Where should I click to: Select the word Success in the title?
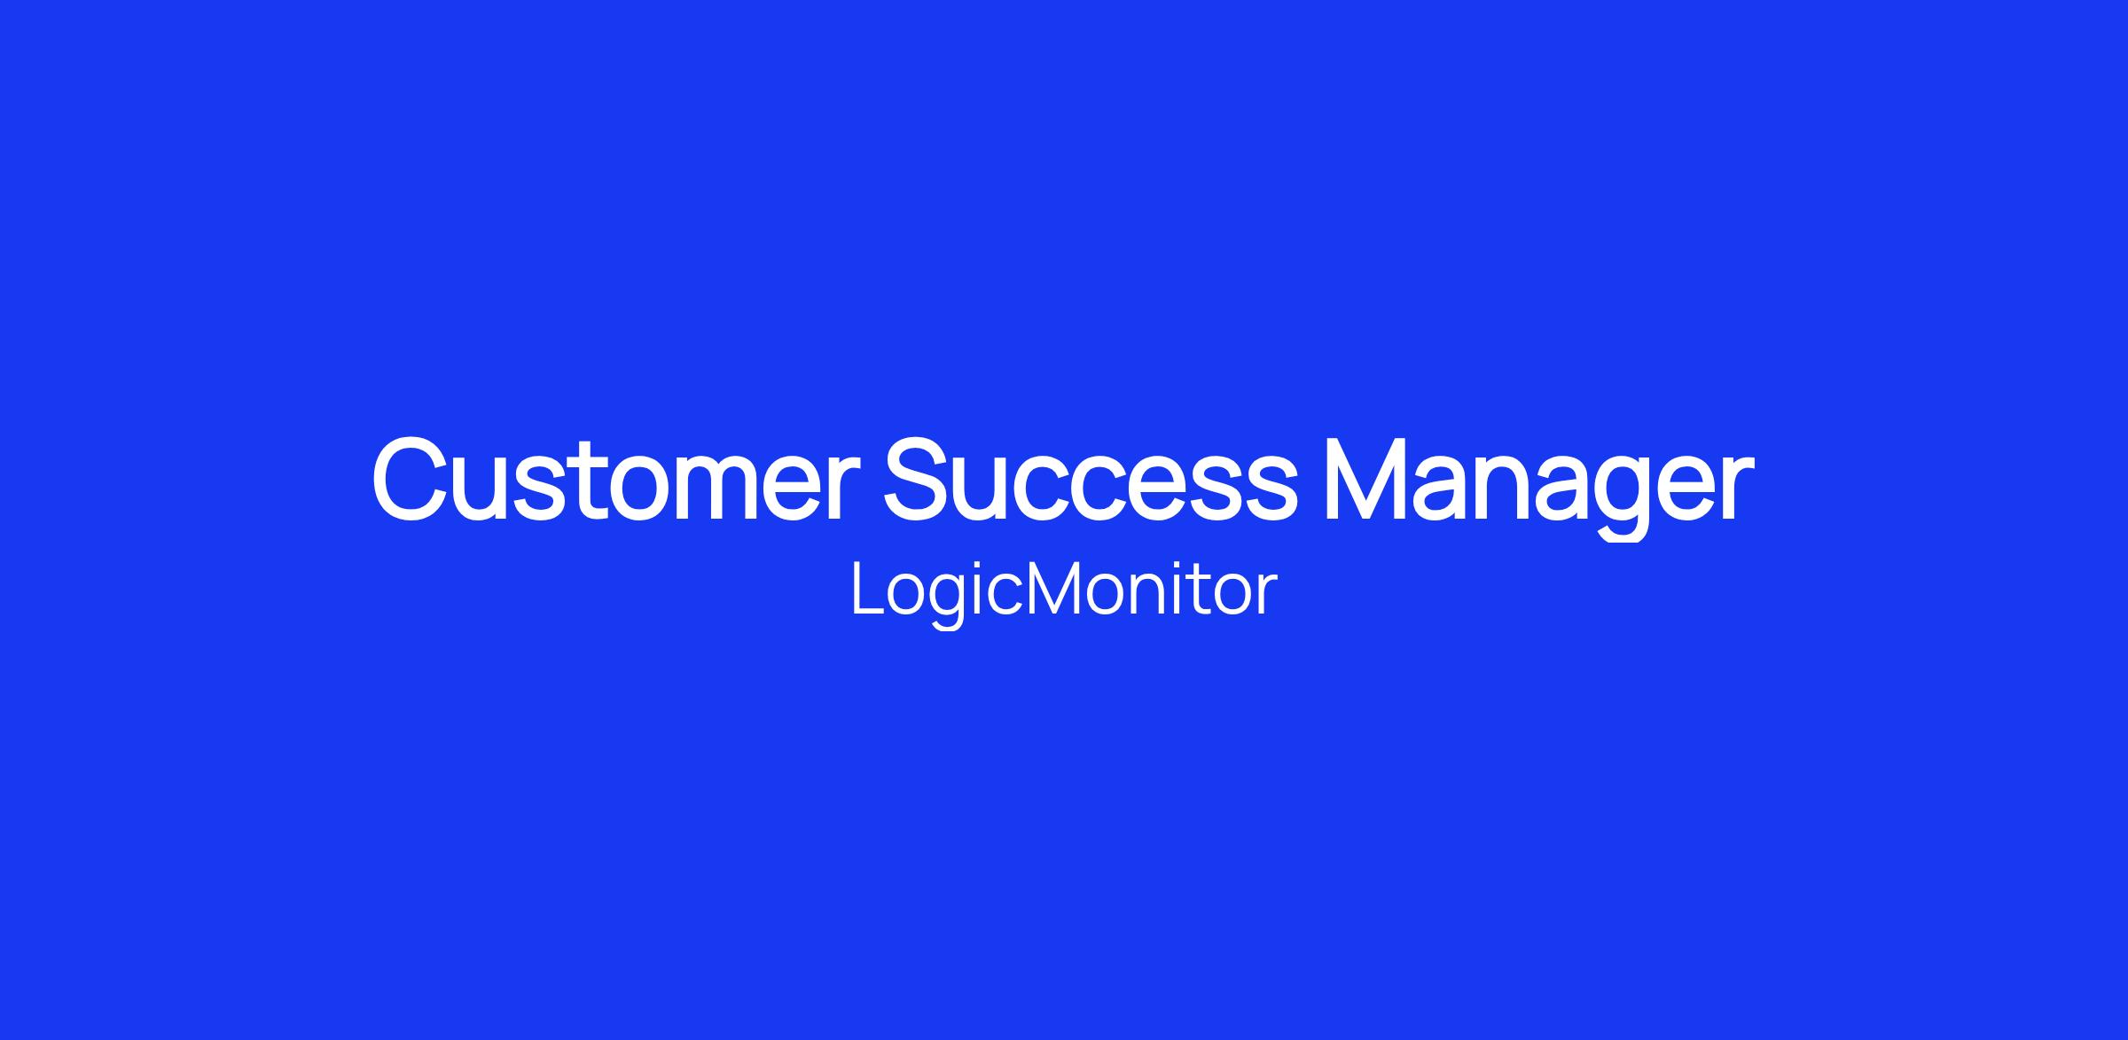[1090, 479]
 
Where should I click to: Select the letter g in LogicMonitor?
[949, 603]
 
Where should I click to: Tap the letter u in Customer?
[479, 490]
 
